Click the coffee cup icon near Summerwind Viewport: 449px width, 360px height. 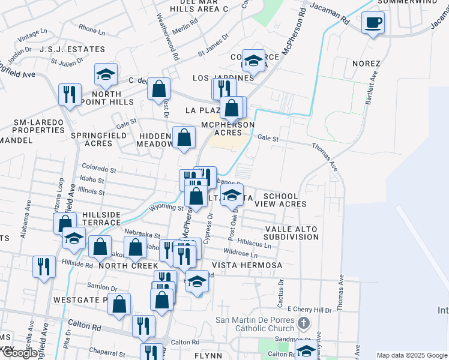373,23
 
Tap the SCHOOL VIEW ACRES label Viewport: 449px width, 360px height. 280,200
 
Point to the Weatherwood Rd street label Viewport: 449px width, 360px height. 167,37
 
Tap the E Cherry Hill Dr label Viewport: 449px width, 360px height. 309,310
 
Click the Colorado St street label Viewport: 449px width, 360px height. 99,170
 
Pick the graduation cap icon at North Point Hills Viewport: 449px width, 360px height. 106,74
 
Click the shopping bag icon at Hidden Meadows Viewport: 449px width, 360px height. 184,137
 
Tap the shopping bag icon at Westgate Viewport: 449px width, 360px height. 119,304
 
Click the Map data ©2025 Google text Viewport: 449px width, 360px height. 412,355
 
